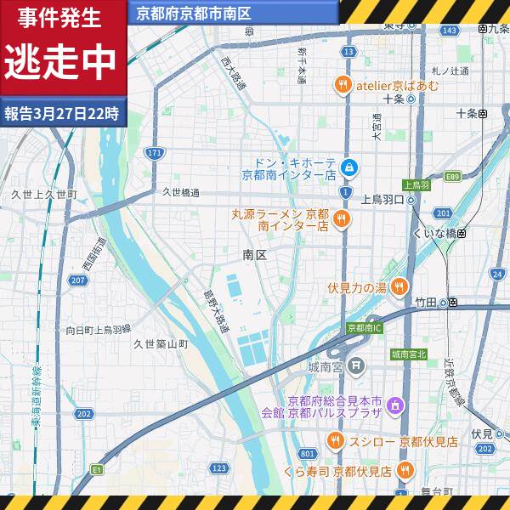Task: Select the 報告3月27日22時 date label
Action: point(61,112)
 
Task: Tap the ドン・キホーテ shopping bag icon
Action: point(348,167)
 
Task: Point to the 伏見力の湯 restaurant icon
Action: point(399,287)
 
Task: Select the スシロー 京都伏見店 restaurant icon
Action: point(335,441)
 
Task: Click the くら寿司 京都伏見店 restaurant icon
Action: point(405,470)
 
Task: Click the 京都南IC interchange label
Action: point(365,328)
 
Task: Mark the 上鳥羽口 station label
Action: point(381,200)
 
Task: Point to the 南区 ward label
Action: point(255,254)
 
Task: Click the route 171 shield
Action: point(154,153)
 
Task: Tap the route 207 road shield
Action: point(79,280)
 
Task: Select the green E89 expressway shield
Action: point(452,177)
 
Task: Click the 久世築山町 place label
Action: point(161,344)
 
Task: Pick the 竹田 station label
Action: point(426,302)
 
